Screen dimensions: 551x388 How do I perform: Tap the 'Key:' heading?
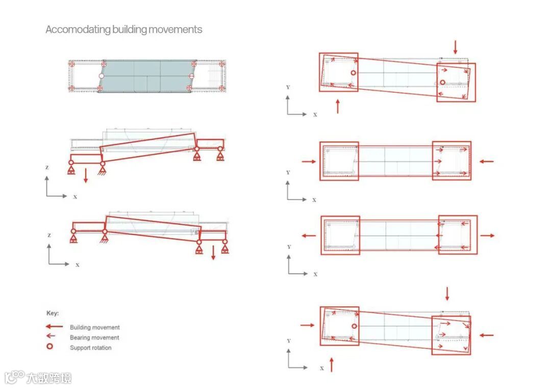point(53,313)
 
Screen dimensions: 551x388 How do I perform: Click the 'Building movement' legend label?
point(95,327)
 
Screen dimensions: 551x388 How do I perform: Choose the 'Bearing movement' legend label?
point(94,338)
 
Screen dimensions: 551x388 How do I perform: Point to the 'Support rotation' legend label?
point(91,348)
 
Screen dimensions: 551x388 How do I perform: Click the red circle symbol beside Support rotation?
point(50,347)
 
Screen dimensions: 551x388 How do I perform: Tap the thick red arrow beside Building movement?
point(54,327)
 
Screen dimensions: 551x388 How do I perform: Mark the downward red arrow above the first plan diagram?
point(456,47)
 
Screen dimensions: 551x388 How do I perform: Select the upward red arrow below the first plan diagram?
point(337,106)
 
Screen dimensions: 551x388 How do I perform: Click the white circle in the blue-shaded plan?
point(101,76)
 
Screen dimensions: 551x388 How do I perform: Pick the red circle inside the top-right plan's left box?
point(353,73)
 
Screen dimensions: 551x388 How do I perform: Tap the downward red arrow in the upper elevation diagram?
point(86,175)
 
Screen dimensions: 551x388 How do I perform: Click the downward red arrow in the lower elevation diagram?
point(213,252)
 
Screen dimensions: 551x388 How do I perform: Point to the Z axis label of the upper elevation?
point(47,167)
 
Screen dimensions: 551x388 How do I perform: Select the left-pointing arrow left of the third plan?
point(308,236)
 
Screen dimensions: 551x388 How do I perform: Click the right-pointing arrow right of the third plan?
point(487,236)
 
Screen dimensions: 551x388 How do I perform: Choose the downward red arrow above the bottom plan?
point(447,293)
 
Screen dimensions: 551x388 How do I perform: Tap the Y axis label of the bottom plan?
point(288,341)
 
